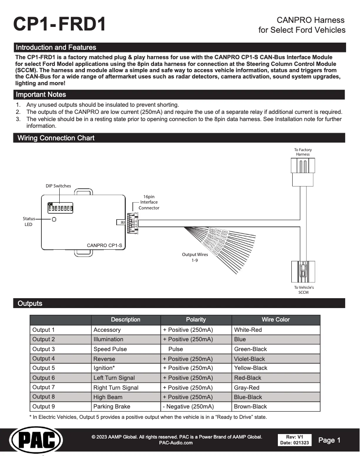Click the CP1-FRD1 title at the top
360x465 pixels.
pos(60,25)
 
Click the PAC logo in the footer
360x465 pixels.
pos(36,441)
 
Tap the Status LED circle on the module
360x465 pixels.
pos(54,220)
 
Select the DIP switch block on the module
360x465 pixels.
pos(61,208)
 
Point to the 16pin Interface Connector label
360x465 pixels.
pos(149,202)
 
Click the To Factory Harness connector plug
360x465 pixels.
pos(303,173)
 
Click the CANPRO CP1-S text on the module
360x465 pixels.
pos(104,245)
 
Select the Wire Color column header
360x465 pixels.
pos(276,320)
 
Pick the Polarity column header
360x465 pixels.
pos(196,320)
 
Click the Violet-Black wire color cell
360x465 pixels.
pos(250,359)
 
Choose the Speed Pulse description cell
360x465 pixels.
pos(110,349)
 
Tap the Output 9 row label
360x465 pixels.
pos(44,407)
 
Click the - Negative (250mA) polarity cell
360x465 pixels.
pos(188,407)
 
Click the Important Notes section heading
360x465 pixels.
pos(41,95)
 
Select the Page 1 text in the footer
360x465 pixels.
pos(329,440)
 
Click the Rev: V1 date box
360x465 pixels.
pos(294,440)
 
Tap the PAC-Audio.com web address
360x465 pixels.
pos(176,443)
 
